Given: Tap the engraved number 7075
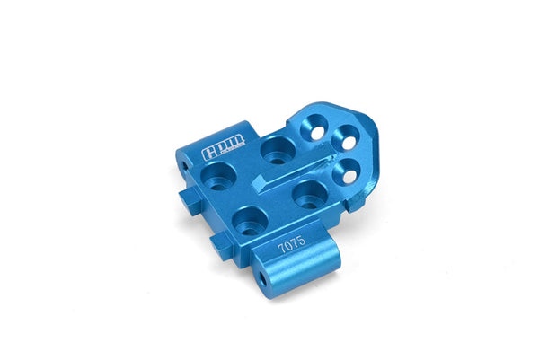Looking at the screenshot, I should [292, 241].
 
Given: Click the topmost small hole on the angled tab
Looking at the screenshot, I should [319, 133].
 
